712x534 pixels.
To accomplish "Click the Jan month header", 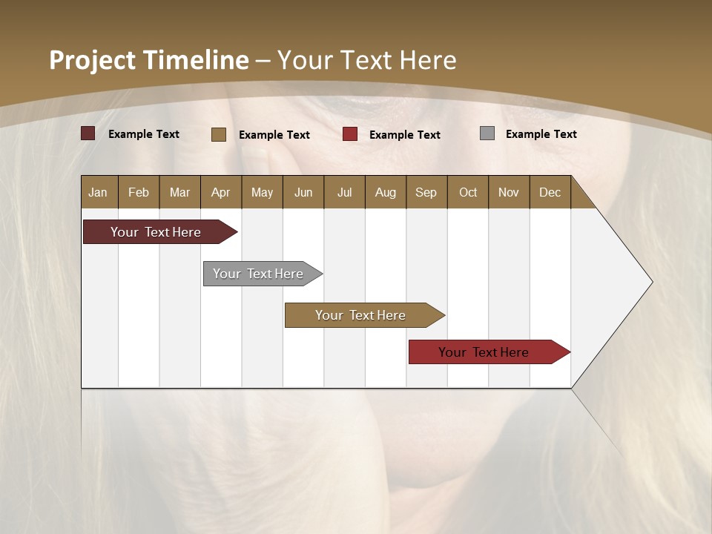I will (x=99, y=192).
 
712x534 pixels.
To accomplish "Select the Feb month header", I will (x=139, y=192).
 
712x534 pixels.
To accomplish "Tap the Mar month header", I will (x=179, y=192).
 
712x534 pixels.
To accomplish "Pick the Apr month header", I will (x=221, y=192).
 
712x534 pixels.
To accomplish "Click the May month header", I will (x=262, y=192).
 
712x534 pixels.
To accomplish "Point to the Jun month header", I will (x=303, y=192).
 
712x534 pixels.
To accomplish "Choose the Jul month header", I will (x=344, y=192).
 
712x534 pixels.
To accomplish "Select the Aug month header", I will (x=386, y=192).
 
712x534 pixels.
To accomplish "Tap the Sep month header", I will (x=426, y=192).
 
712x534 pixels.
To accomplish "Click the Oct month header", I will (x=468, y=192).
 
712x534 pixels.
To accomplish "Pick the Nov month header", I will (x=509, y=192).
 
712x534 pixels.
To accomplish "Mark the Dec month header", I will (x=550, y=192).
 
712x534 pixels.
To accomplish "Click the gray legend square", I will (x=487, y=133).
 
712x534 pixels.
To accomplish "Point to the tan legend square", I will (x=219, y=134).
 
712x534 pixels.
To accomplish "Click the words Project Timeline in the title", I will (x=149, y=60).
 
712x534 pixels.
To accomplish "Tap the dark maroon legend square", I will (x=88, y=133).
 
